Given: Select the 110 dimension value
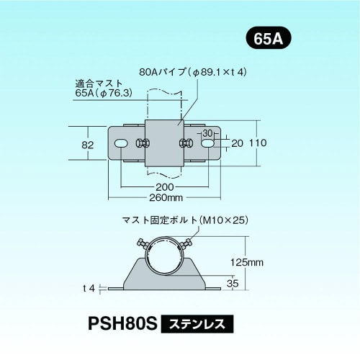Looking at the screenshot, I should coord(258,143).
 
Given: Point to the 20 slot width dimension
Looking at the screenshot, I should coord(236,143).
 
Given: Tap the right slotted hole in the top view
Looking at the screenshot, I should coord(208,144).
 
